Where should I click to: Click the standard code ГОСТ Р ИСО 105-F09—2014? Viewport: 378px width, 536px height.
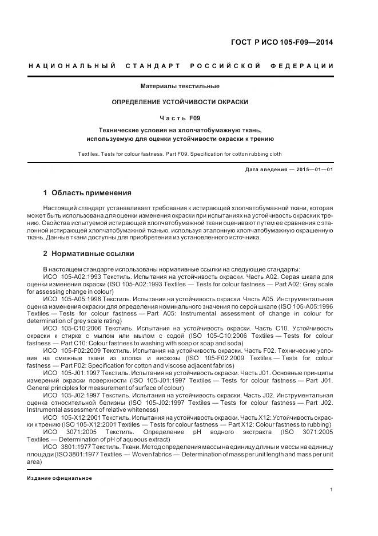[x=281, y=42]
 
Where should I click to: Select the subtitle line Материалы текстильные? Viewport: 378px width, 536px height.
[x=180, y=86]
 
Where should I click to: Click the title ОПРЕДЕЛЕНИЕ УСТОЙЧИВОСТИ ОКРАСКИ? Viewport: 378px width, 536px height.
[x=180, y=102]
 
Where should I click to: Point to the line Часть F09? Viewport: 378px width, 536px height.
[x=180, y=118]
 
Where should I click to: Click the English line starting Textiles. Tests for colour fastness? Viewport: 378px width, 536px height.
[x=180, y=154]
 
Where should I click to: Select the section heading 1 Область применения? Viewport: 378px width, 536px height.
[x=87, y=192]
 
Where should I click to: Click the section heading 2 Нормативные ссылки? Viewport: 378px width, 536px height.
[x=89, y=253]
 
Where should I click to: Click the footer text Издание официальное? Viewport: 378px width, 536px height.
[x=59, y=478]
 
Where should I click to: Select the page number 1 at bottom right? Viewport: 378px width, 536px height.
[x=332, y=490]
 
